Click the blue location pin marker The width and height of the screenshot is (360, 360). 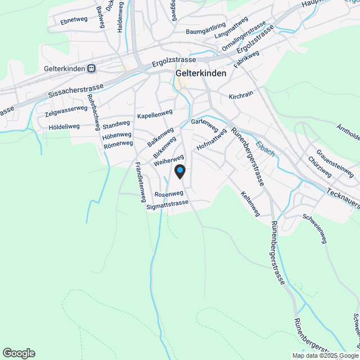click(x=179, y=172)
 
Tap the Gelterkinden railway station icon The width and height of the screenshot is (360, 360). click(x=92, y=69)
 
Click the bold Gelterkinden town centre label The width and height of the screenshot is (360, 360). click(x=201, y=73)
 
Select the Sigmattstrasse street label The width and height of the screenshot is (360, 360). click(x=167, y=206)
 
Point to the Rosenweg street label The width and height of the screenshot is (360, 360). click(x=169, y=193)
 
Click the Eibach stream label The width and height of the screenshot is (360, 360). click(x=265, y=148)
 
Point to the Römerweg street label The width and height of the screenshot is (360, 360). click(x=118, y=144)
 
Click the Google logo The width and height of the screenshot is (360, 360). click(x=19, y=353)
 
